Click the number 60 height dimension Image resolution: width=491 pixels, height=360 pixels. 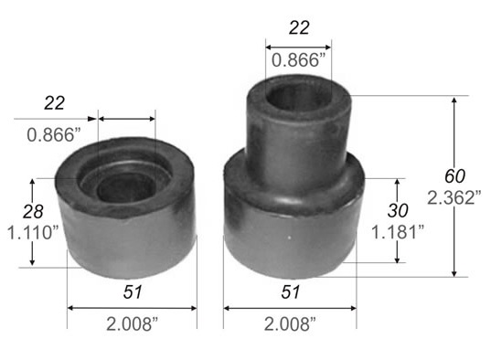point(454,176)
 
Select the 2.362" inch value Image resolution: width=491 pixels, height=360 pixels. point(454,198)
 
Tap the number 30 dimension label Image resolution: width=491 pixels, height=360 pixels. point(398,210)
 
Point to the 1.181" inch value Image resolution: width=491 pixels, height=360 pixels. point(398,232)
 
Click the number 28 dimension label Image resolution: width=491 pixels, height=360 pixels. point(33,212)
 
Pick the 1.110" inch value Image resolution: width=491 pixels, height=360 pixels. point(33,233)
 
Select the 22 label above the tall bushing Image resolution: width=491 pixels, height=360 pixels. point(299,27)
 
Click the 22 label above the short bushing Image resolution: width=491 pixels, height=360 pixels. point(55,102)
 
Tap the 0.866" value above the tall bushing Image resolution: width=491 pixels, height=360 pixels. point(299,60)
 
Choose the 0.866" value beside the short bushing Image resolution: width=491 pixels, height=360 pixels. point(54,135)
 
